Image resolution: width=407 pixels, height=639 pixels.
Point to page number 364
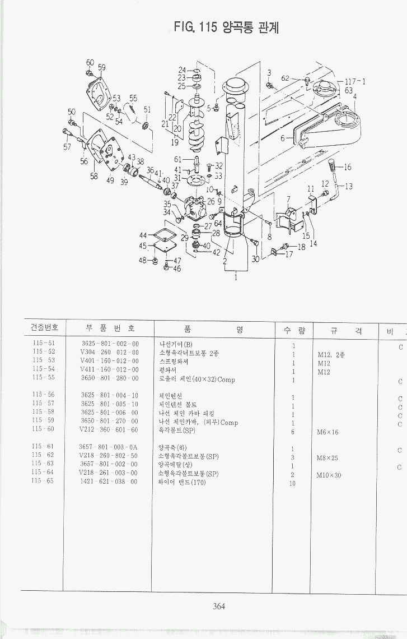point(219,605)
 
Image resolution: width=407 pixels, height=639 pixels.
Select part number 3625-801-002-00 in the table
point(110,343)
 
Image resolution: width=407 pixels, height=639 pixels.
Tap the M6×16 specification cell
point(328,432)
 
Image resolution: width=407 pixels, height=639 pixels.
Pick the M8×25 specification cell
point(328,458)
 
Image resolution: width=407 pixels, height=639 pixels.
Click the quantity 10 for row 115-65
point(292,483)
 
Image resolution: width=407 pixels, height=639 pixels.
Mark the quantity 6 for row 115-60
point(293,432)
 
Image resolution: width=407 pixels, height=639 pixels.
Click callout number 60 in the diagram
point(90,62)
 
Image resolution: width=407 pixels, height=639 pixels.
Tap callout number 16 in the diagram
point(348,167)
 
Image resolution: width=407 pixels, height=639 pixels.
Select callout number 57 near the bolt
point(67,147)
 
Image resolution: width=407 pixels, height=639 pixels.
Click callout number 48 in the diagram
point(143,260)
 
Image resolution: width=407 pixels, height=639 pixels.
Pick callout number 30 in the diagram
point(255,259)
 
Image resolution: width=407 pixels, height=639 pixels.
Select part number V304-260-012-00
point(109,352)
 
